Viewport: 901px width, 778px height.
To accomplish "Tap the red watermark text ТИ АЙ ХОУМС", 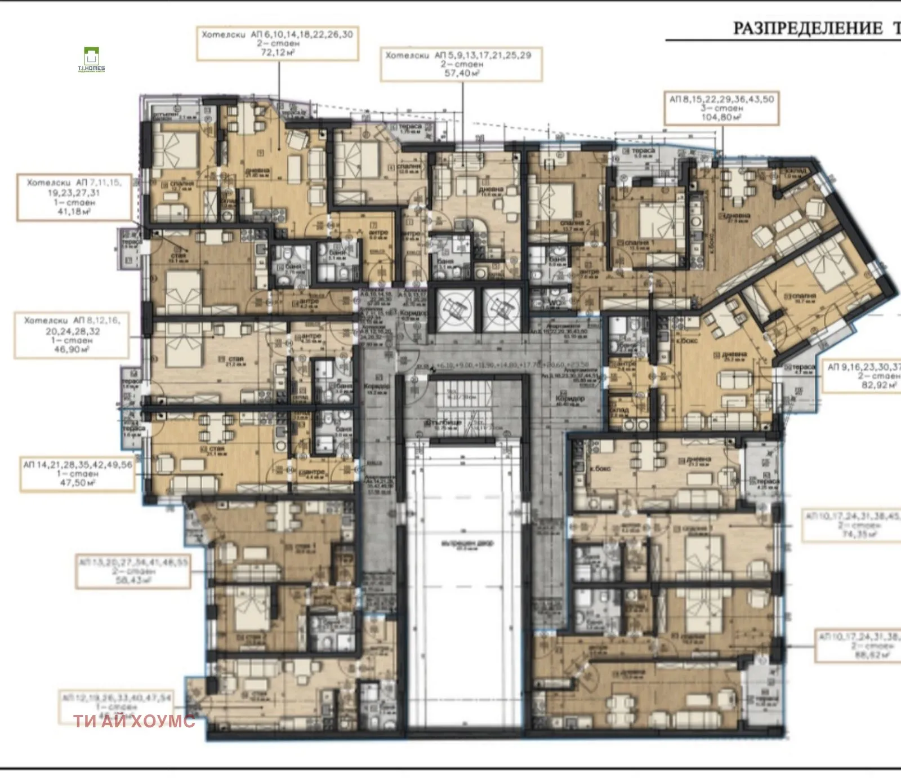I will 134,721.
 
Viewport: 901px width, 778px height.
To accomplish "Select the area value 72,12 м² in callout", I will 277,52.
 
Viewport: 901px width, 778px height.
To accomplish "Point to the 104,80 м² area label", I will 721,117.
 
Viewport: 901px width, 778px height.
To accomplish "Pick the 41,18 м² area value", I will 74,211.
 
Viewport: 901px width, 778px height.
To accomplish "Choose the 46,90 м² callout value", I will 71,349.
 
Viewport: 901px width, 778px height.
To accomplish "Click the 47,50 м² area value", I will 78,483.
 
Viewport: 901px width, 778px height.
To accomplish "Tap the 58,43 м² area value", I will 133,580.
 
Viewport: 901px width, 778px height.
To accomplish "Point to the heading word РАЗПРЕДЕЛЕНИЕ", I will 808,28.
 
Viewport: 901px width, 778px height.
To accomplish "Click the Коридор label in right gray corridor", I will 570,398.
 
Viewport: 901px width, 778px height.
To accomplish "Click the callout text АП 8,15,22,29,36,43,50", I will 721,99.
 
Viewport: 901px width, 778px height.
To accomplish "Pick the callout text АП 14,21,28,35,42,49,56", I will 78,465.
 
